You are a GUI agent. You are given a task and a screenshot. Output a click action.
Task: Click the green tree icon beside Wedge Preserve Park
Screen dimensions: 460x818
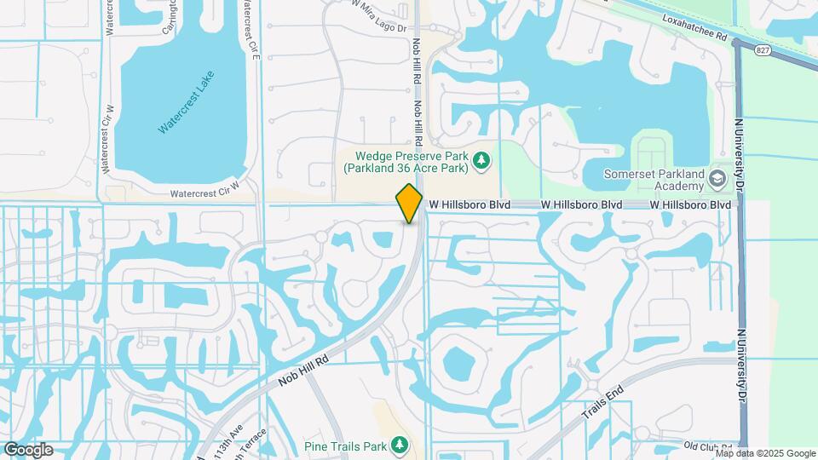(x=481, y=160)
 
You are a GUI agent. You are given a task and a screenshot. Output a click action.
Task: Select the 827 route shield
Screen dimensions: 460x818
(x=763, y=51)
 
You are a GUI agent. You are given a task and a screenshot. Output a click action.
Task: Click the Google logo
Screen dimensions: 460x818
(x=29, y=449)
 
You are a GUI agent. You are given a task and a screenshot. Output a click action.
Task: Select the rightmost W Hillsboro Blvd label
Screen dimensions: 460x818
(x=690, y=205)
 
